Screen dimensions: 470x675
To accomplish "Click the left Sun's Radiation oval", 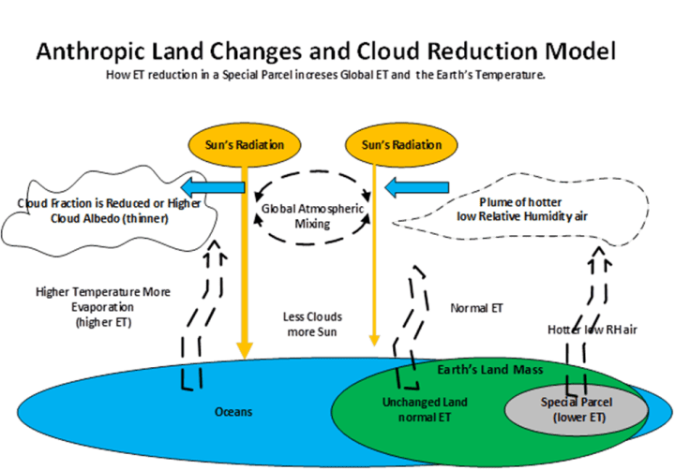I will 245,145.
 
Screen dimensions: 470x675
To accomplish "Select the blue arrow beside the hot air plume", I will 402,188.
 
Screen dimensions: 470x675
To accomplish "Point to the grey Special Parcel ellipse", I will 577,409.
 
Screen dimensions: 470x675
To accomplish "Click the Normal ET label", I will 475,307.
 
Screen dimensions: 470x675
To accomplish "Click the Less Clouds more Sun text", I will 310,324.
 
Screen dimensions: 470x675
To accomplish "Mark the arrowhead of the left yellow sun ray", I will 245,353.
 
